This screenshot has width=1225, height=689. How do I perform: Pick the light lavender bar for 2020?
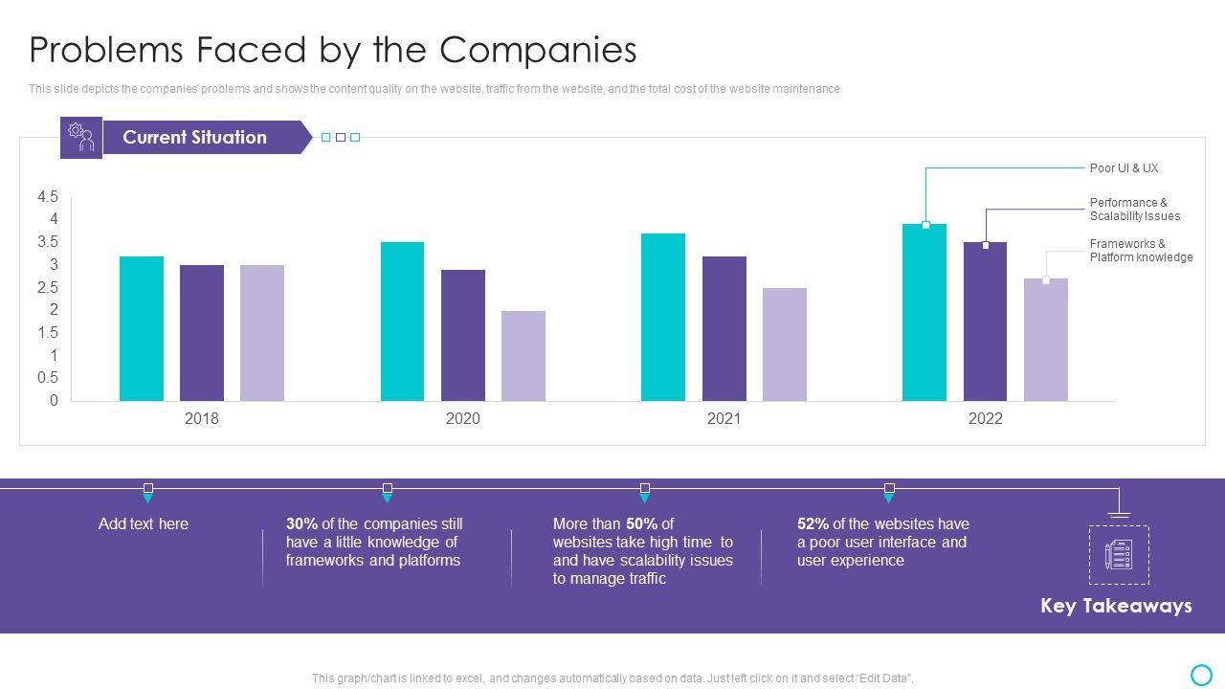[x=523, y=356]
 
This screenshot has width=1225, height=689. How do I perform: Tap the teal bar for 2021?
[x=663, y=317]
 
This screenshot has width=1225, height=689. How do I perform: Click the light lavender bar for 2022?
[x=1046, y=340]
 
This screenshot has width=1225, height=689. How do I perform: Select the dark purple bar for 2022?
[x=985, y=322]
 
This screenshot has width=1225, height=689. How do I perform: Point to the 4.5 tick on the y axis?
[x=48, y=197]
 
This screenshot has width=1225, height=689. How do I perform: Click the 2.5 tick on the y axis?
[x=48, y=288]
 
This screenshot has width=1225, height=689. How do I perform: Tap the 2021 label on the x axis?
[x=724, y=419]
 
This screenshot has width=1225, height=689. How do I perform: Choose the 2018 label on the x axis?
[x=201, y=419]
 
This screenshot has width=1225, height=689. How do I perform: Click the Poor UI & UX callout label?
[x=1124, y=168]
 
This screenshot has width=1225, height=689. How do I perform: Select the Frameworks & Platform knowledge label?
[x=1141, y=251]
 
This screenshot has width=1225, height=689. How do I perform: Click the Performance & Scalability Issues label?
[x=1134, y=210]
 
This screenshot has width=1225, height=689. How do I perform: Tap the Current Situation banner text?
[x=194, y=137]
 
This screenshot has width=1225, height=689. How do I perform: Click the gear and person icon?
[x=81, y=137]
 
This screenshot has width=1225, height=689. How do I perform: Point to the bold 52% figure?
[x=813, y=524]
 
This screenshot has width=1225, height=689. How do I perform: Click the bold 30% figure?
[x=301, y=524]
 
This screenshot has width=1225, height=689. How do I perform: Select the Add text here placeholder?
[x=144, y=524]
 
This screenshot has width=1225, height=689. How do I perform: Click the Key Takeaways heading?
[x=1116, y=606]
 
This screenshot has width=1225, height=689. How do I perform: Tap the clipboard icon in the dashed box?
[x=1119, y=555]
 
